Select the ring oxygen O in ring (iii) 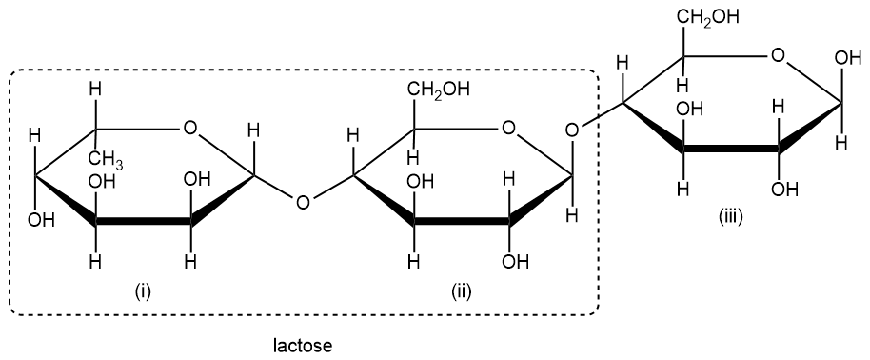pyautogui.click(x=779, y=56)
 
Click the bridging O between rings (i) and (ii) pyautogui.click(x=303, y=201)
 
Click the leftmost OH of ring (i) pyautogui.click(x=39, y=222)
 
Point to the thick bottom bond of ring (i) pyautogui.click(x=144, y=223)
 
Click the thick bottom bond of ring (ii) pyautogui.click(x=462, y=223)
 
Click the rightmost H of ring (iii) pyautogui.click(x=840, y=144)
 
